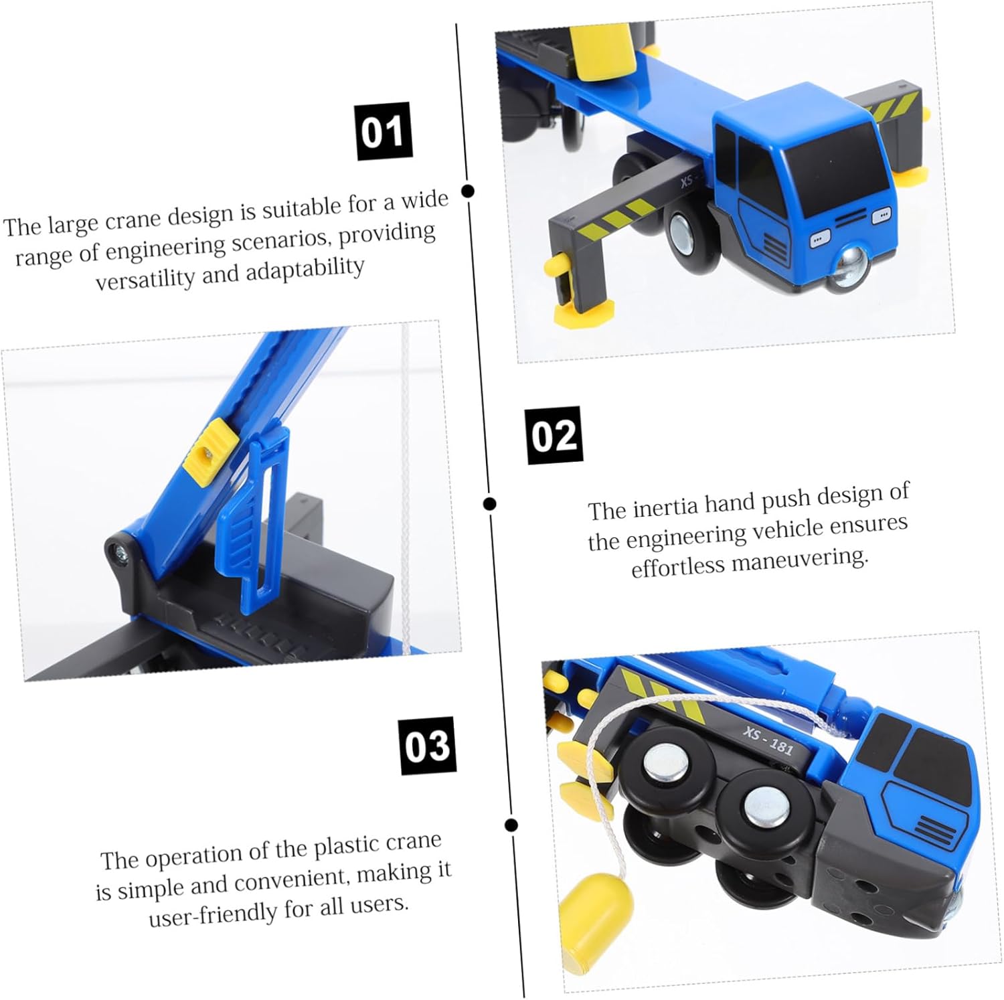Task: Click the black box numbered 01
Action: click(x=384, y=131)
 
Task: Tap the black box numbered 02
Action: click(x=554, y=435)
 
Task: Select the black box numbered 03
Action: click(x=428, y=746)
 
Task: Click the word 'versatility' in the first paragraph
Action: click(x=145, y=276)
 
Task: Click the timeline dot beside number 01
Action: click(x=469, y=191)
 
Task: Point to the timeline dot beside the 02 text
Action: click(x=490, y=504)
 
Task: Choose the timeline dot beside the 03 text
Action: click(x=512, y=825)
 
